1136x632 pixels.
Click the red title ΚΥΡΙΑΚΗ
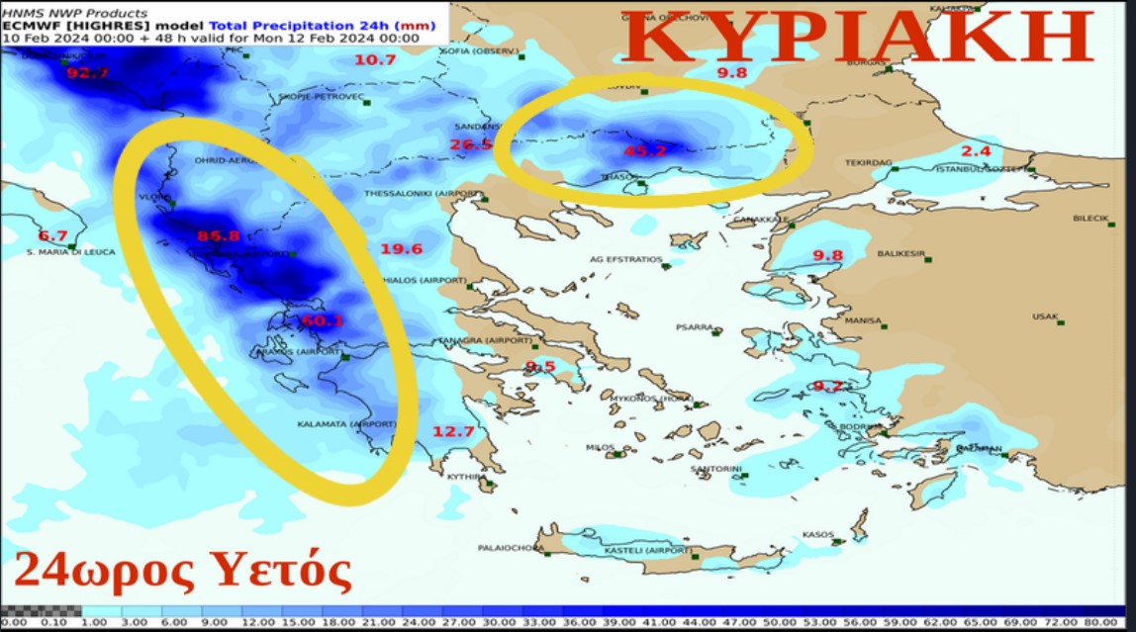tap(858, 39)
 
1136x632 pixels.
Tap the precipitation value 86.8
tap(219, 236)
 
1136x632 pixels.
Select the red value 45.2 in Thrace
tap(644, 151)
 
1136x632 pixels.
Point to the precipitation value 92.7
tap(87, 73)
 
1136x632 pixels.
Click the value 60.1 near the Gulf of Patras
tap(322, 321)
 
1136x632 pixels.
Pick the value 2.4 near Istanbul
tap(976, 151)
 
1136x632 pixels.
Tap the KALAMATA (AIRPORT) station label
tap(346, 424)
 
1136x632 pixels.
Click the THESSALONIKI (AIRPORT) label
tap(423, 194)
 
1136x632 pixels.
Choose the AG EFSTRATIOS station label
tap(625, 259)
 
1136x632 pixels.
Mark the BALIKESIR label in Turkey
tap(900, 254)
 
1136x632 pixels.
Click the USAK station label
tap(1044, 316)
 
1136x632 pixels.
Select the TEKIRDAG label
tap(868, 162)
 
